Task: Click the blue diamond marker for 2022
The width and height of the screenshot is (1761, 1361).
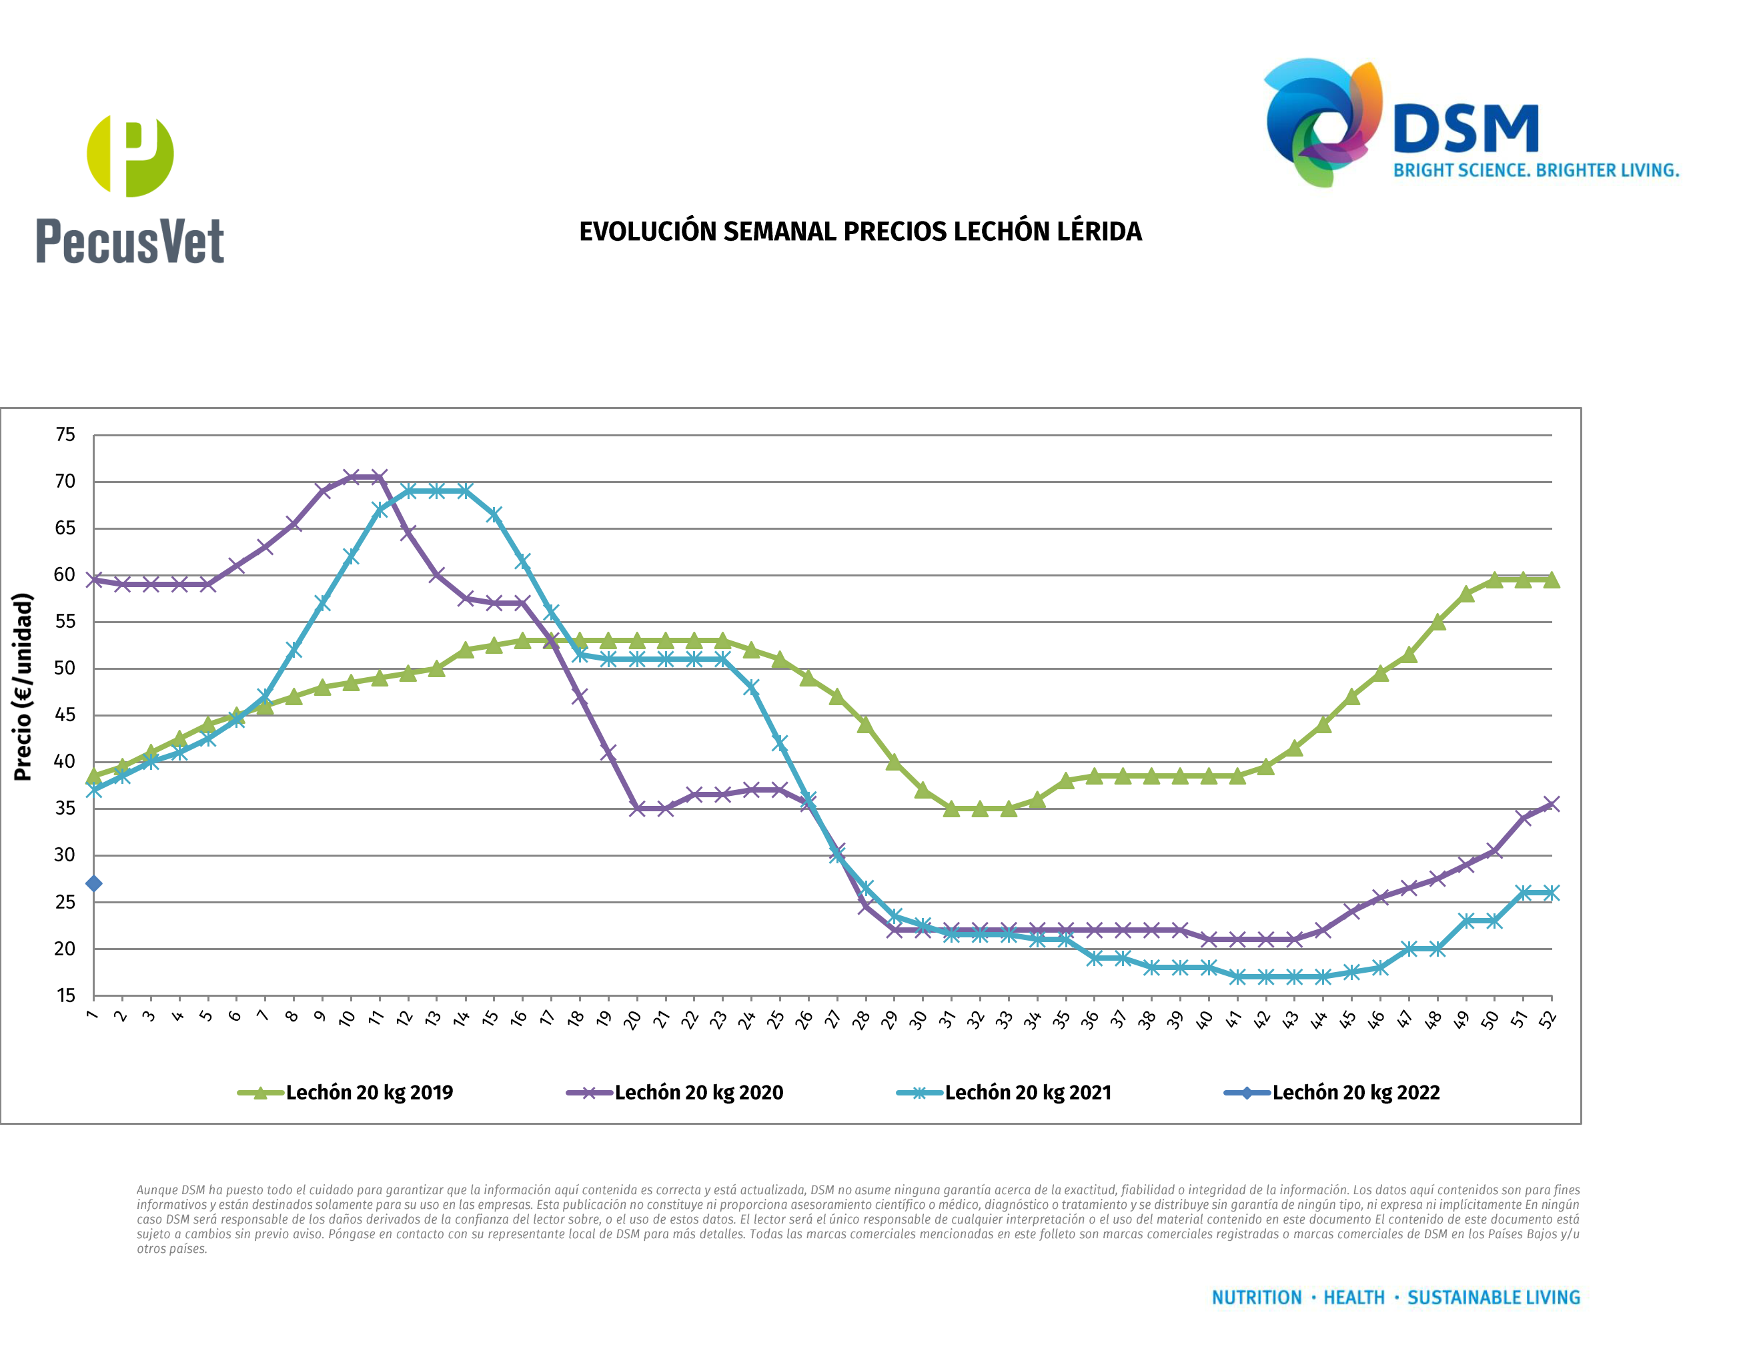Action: click(x=93, y=884)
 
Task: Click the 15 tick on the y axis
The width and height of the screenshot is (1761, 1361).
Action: click(x=65, y=996)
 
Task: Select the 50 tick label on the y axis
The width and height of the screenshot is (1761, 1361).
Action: click(x=65, y=668)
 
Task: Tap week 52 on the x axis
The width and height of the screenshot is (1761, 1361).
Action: click(x=1548, y=1020)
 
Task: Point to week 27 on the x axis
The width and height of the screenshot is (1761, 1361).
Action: click(x=833, y=1020)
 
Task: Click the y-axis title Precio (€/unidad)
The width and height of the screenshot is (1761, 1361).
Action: click(x=23, y=687)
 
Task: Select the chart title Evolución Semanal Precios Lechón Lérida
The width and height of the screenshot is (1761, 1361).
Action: click(x=860, y=232)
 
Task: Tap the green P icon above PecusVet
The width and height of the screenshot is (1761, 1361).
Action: click(x=130, y=155)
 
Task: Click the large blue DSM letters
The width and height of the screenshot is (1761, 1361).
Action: click(x=1466, y=129)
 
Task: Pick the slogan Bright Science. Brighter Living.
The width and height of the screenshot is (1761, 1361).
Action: click(x=1536, y=171)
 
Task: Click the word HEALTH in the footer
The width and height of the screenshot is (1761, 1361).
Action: click(x=1354, y=1298)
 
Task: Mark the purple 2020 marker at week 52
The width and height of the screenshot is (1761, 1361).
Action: click(x=1552, y=804)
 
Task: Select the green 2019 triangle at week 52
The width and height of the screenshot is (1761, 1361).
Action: click(x=1552, y=580)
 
